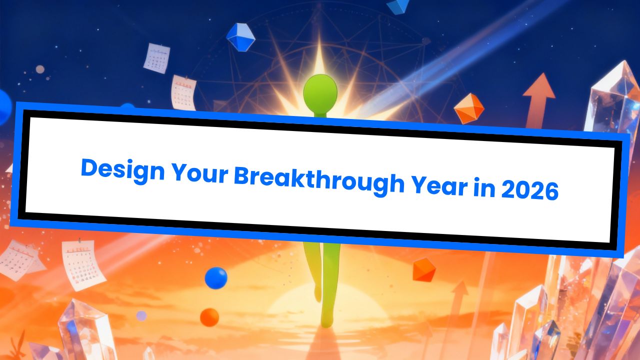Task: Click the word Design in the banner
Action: (123, 170)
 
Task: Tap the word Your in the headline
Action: (200, 173)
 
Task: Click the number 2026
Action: (529, 189)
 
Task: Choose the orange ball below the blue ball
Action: (209, 317)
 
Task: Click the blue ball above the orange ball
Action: (216, 278)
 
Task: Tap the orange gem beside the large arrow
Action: (469, 108)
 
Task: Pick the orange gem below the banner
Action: (424, 270)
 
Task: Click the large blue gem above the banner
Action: (240, 37)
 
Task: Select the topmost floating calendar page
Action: (156, 58)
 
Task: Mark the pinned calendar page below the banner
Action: (83, 264)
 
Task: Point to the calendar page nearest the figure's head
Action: (183, 92)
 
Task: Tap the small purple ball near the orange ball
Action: (141, 315)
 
